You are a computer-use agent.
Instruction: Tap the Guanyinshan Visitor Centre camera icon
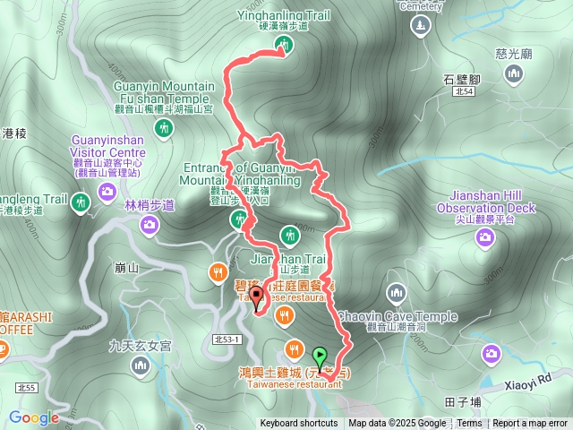[x=107, y=191]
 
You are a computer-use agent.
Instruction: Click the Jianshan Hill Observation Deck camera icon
[x=484, y=236]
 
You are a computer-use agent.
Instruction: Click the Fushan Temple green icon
[x=163, y=129]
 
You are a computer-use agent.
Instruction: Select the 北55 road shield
[x=26, y=387]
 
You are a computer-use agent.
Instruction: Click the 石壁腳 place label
[x=462, y=79]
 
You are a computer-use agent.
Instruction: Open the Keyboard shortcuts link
[x=299, y=424]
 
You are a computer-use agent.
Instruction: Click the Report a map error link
[x=529, y=424]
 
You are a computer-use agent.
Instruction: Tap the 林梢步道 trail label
[x=149, y=205]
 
